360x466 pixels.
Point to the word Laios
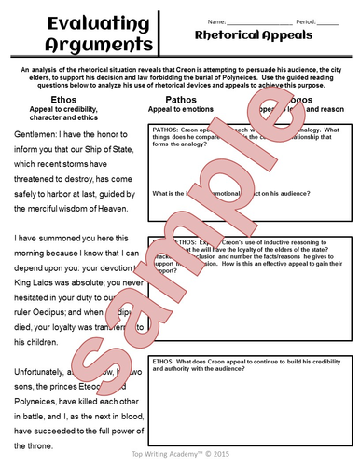[56, 283]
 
